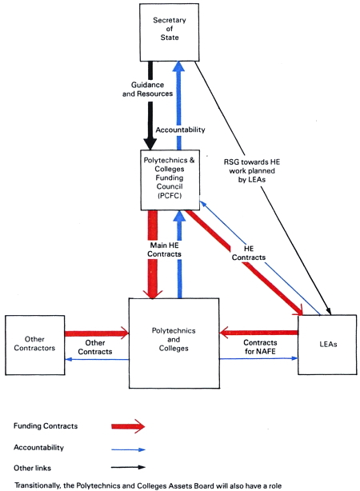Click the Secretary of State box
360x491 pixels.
point(169,32)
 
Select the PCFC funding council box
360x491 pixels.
point(170,180)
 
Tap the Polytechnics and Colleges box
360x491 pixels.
point(174,343)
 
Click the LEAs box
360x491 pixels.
point(327,345)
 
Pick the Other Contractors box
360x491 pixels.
point(34,345)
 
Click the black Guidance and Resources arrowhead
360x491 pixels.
point(150,144)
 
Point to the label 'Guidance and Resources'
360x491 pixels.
point(147,90)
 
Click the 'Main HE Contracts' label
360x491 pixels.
point(164,249)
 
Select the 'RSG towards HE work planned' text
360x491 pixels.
point(252,166)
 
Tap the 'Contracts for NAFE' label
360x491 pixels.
point(260,347)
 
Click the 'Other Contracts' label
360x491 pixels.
point(95,347)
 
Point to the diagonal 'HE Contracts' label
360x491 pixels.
point(249,253)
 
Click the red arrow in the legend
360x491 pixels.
point(128,426)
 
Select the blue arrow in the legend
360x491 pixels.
point(128,449)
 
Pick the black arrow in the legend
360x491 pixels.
point(128,467)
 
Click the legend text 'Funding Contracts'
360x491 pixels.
point(46,426)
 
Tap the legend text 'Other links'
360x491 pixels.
point(32,468)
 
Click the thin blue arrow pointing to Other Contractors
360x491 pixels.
point(97,360)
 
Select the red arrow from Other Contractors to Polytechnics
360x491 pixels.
point(97,333)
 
